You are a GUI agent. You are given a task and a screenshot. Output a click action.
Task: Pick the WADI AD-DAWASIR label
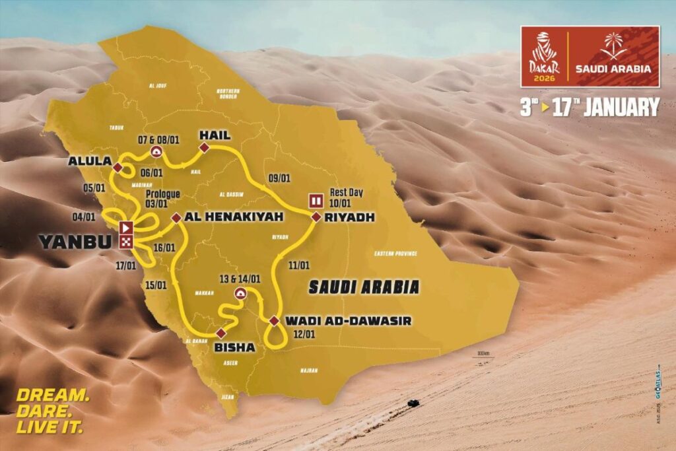pos(349,321)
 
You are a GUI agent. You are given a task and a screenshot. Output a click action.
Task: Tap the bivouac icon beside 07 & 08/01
pos(157,151)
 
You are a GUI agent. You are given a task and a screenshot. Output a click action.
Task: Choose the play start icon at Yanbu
pos(126,228)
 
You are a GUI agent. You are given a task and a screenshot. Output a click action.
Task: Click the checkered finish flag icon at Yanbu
pos(126,242)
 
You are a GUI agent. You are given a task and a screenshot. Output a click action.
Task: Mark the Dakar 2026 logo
pos(545,56)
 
